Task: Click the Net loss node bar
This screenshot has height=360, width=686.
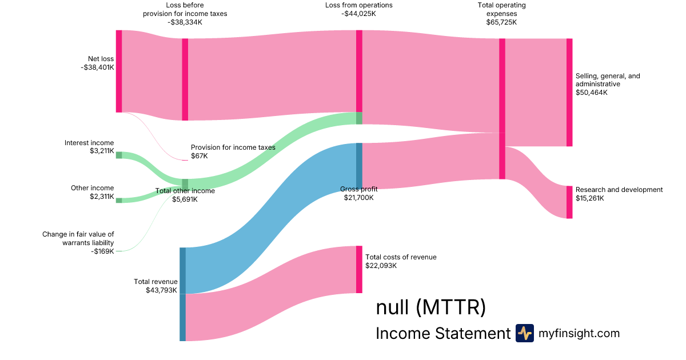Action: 119,71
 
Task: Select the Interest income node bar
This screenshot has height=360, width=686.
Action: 119,155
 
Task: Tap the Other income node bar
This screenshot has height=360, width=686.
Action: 119,200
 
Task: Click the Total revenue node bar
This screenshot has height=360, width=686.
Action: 182,294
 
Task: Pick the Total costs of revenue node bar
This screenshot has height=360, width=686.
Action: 359,269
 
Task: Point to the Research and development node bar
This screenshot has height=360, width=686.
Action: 569,202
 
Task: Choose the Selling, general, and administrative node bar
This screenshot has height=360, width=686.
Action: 569,92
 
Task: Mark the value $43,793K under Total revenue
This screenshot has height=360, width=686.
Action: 162,290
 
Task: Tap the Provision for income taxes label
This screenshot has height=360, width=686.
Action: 233,147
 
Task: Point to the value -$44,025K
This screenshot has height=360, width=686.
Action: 358,14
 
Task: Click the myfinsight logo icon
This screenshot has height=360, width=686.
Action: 524,333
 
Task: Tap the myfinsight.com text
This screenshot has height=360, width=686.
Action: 579,333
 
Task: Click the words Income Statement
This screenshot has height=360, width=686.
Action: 442,333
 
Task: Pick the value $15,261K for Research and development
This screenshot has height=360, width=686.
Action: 590,198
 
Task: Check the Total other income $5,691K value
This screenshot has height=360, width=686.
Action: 185,199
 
